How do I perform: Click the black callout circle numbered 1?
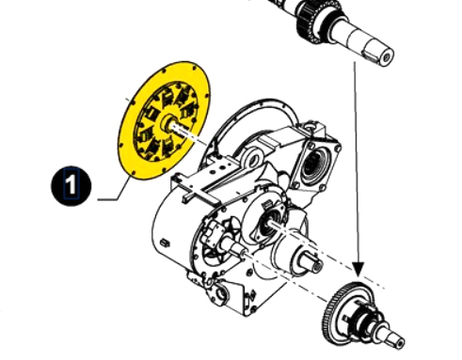pyautogui.click(x=72, y=186)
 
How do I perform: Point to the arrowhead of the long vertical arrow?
pyautogui.click(x=358, y=270)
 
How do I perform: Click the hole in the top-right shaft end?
pyautogui.click(x=387, y=57)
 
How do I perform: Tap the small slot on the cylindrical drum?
pyautogui.click(x=165, y=243)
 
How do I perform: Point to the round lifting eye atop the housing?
pyautogui.click(x=252, y=158)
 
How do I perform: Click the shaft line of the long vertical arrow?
pyautogui.click(x=357, y=163)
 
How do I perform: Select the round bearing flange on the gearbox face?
pyautogui.click(x=266, y=219)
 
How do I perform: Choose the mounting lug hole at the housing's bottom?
pyautogui.click(x=221, y=294)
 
